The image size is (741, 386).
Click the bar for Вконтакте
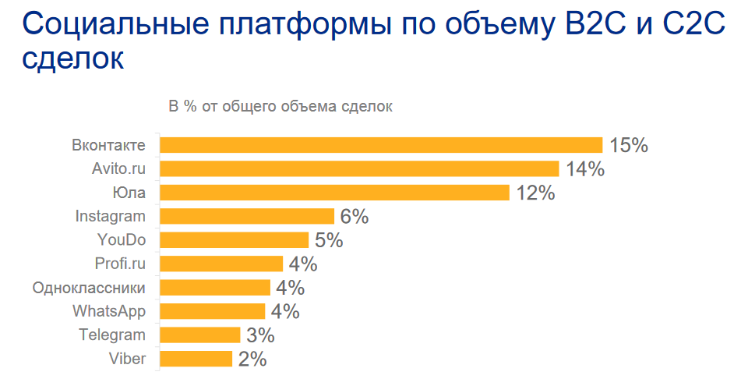381,145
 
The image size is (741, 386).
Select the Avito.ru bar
359,168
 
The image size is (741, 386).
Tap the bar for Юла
334,193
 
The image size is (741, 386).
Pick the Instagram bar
247,216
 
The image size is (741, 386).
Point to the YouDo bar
235,240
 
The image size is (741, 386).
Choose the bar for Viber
196,359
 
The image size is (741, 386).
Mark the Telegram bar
200,335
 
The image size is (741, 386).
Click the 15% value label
629,145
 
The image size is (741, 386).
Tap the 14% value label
585,169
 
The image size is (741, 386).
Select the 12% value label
535,193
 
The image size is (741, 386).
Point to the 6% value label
355,217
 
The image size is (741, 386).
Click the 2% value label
252,359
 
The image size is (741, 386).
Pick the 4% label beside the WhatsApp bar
285,312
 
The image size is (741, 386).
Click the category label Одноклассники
89,288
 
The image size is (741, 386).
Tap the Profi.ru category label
120,264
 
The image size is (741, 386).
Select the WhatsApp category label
109,311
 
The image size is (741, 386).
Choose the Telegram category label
112,335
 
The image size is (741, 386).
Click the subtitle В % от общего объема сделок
281,107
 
